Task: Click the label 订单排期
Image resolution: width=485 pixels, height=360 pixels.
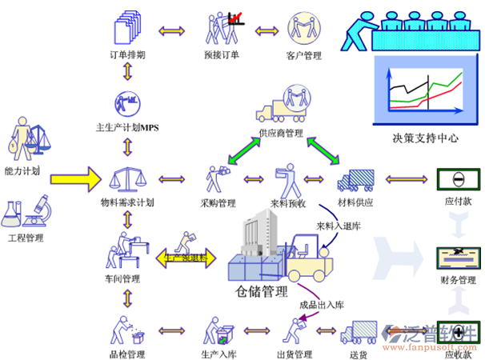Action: point(126,55)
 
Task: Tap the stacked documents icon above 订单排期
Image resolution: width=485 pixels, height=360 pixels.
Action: point(126,26)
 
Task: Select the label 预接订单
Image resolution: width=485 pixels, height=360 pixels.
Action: point(222,55)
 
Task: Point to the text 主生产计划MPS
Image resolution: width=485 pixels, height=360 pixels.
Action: point(128,127)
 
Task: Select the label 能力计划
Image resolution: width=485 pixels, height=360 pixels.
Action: point(22,171)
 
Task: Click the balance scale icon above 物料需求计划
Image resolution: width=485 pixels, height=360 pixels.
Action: point(126,178)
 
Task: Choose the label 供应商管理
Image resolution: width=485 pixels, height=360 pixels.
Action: point(280,133)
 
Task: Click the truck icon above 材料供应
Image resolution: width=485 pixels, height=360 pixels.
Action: point(356,180)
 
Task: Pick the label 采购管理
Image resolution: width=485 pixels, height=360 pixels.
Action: point(218,203)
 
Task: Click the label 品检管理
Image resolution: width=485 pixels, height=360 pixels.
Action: point(126,353)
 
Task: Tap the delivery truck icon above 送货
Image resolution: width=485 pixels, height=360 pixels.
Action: point(359,332)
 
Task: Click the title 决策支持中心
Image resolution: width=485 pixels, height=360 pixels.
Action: point(425,138)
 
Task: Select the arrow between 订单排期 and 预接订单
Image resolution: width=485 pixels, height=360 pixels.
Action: point(173,31)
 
